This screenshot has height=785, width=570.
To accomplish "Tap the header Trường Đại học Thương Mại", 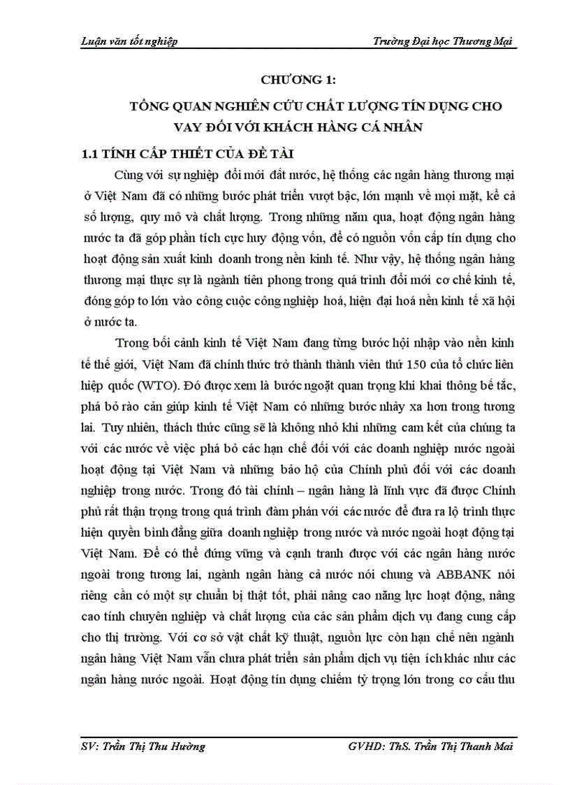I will [x=444, y=41].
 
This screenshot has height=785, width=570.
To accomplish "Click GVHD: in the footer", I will [x=365, y=747].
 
